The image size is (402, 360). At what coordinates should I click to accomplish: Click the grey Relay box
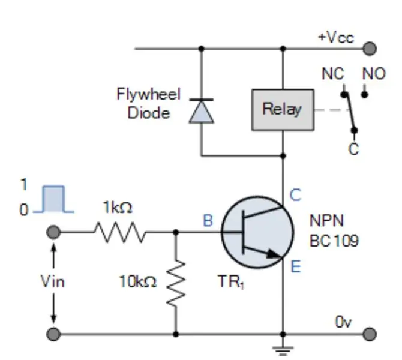point(283,110)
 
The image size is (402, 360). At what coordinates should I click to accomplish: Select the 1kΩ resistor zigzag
point(120,232)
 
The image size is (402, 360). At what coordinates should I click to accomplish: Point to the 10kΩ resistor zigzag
point(176,284)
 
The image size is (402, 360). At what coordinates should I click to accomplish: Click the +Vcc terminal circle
point(370,49)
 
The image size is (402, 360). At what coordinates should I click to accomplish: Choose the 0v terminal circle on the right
point(370,334)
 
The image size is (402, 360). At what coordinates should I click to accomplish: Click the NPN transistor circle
point(257,232)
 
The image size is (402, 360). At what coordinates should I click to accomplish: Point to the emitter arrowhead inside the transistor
point(274,254)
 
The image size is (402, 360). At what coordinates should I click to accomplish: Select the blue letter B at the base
point(208,221)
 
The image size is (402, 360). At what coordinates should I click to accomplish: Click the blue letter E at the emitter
point(296,266)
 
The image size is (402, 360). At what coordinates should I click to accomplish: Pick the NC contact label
point(333,74)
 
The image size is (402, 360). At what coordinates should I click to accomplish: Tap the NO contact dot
point(365,95)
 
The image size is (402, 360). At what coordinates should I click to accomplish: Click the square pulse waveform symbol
point(53,199)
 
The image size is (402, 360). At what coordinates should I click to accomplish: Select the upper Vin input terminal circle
point(53,232)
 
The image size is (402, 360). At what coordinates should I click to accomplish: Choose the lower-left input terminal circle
point(53,334)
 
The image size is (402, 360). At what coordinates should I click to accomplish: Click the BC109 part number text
point(334,241)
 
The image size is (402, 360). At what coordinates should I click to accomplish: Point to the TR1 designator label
point(231,282)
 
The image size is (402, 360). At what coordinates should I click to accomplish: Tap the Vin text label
point(53,281)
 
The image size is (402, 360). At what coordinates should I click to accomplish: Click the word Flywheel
point(149,94)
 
